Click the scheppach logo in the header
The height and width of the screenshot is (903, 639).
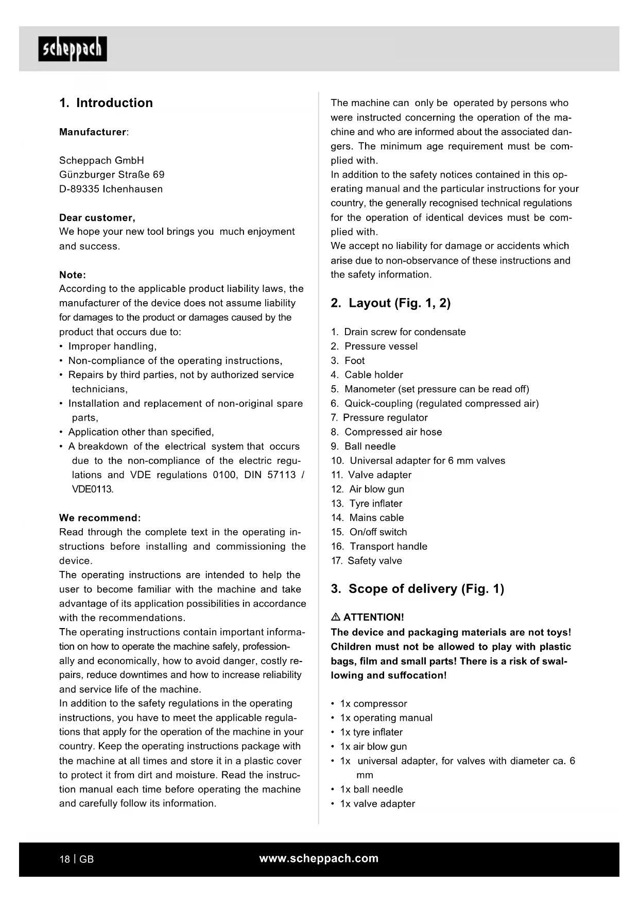coord(73,49)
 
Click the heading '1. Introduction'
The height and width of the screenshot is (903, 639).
coord(106,103)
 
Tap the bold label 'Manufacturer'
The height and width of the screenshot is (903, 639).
coord(93,132)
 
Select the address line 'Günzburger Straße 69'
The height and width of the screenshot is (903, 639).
coord(112,175)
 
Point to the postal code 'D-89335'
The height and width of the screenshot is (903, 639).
coord(79,189)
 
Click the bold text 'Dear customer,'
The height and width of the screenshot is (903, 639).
coord(97,217)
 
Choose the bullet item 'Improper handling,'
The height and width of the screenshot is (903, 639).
coord(112,346)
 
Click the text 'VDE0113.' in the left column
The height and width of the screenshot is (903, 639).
coord(93,489)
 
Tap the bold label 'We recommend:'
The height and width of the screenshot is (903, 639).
coord(100,518)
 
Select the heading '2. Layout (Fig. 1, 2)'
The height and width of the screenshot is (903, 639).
coord(390,303)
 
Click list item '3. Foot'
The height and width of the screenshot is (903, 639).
coord(348,361)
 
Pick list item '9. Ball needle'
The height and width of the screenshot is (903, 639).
coord(364,446)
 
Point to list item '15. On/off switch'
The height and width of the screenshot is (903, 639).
coord(369,532)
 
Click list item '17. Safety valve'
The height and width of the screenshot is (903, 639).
coord(367,561)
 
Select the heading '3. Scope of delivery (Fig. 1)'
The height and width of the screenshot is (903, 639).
coord(417,589)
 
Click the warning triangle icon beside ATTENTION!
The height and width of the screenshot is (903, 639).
coord(336,617)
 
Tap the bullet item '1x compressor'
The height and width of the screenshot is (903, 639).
coord(373,704)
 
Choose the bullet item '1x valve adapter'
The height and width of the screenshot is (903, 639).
coord(377,804)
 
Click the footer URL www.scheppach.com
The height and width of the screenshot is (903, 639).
coord(319,859)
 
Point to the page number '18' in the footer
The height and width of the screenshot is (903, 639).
coord(64,859)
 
